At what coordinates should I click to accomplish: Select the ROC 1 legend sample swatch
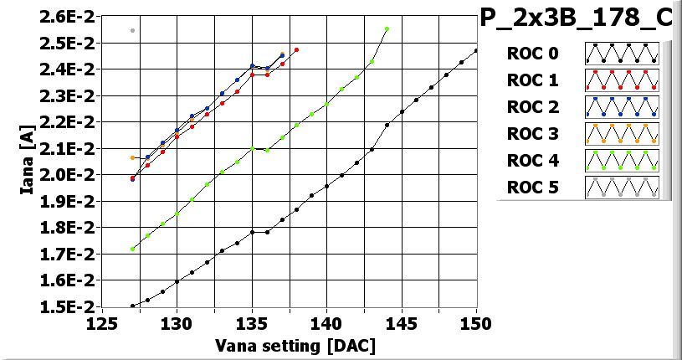[622, 80]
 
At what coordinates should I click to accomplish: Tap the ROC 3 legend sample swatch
[622, 134]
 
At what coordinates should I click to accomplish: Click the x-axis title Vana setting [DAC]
[295, 345]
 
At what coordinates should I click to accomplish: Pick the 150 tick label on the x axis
[474, 323]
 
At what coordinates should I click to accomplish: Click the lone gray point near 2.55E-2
[132, 30]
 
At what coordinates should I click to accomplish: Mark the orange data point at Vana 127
[132, 157]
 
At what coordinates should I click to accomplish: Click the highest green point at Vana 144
[387, 28]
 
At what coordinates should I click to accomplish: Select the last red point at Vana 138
[296, 49]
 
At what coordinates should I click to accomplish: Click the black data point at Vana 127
[132, 306]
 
